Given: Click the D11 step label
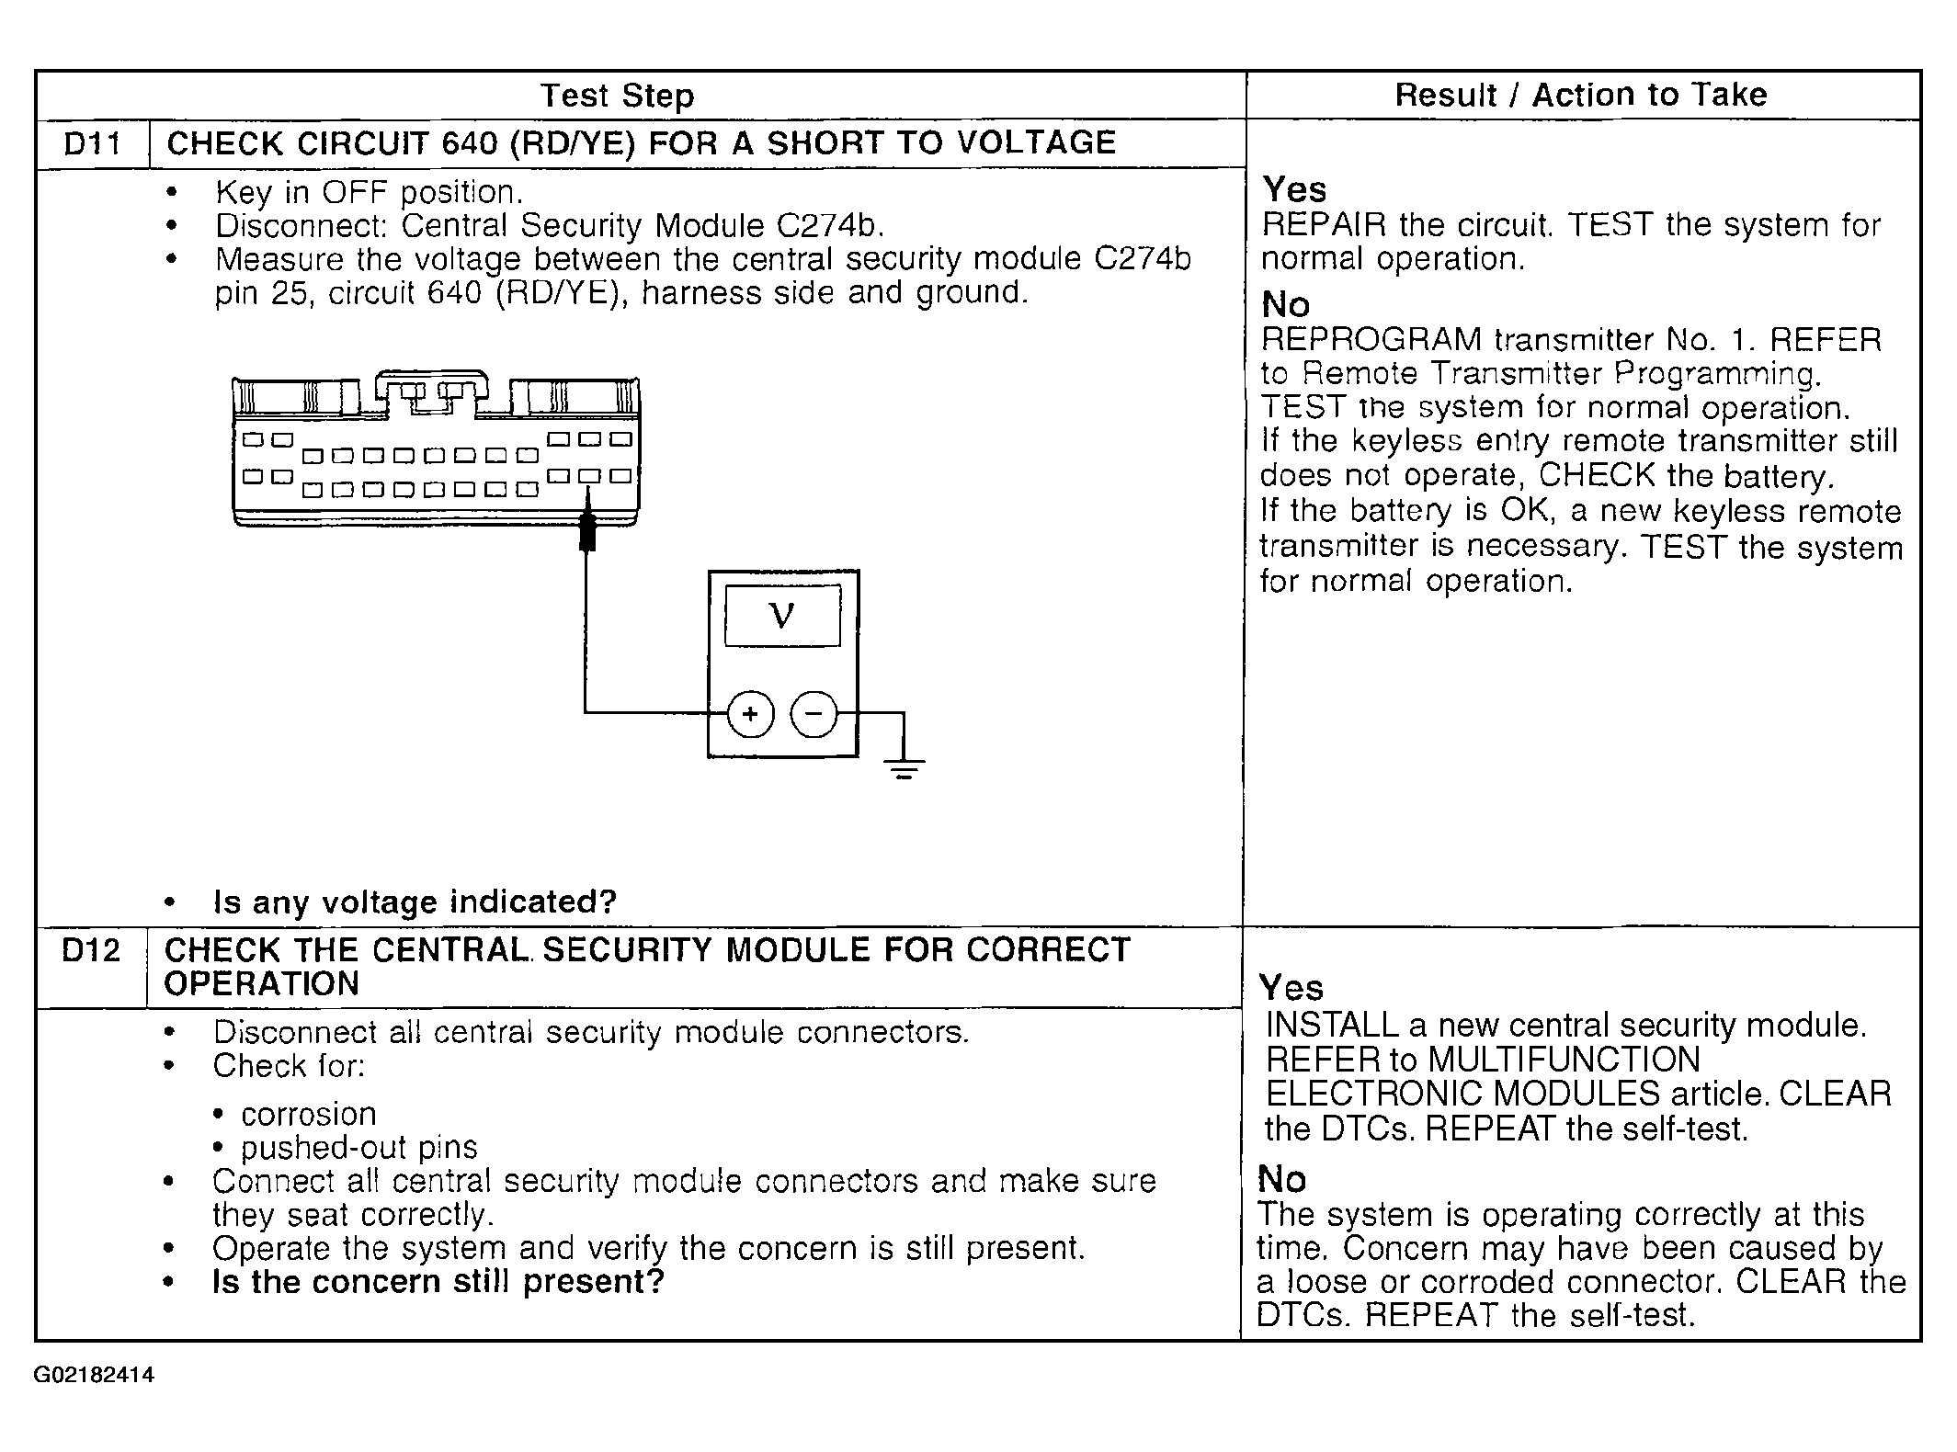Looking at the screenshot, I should (x=92, y=144).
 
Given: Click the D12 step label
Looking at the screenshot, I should (x=90, y=950).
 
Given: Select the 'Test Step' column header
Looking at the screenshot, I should (x=617, y=96).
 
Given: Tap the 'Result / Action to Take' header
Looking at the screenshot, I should (x=1580, y=95).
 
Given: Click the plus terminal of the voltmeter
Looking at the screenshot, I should (x=750, y=714).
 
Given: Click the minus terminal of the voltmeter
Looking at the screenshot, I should (x=814, y=714).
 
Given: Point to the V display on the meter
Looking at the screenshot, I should (x=782, y=615).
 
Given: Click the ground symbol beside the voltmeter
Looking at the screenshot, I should (x=905, y=766).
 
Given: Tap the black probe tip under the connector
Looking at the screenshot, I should (x=588, y=534).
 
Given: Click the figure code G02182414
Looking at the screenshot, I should (x=94, y=1376).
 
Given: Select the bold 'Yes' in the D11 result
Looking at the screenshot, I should (x=1294, y=189).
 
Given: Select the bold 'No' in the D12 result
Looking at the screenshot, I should (x=1281, y=1178).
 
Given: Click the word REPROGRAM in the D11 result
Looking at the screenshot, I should (x=1371, y=340).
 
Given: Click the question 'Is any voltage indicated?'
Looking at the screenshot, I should (x=415, y=902).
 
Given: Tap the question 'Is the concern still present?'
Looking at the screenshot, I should (x=438, y=1281).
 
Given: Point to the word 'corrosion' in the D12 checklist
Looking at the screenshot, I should (x=308, y=1114).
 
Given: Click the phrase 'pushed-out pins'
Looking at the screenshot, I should (x=358, y=1148).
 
